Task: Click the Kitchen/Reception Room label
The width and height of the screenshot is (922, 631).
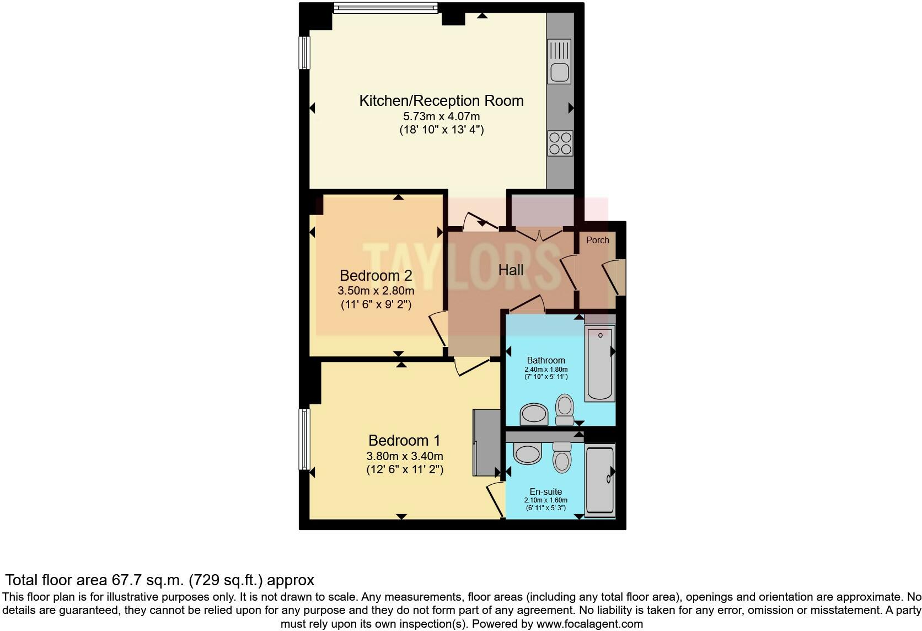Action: coord(441,101)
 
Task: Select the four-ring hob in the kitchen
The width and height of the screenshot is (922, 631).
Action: coord(560,143)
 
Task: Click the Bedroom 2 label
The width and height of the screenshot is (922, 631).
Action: coord(376,275)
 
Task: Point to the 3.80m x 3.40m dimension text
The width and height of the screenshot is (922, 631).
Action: coord(405,456)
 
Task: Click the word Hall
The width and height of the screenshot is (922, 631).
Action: coord(511,270)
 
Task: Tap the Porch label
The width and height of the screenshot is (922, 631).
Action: coord(597,240)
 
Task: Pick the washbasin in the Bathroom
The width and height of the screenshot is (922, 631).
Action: coord(534,414)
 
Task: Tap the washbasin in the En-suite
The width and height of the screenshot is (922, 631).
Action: coord(527,453)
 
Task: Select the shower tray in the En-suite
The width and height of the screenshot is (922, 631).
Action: coord(600,480)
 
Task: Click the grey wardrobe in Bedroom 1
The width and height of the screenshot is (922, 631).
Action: coord(485,442)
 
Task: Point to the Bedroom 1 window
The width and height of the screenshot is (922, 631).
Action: coord(304,439)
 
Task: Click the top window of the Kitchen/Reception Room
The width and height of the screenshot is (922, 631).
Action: coord(386,7)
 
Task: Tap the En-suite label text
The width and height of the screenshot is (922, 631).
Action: coord(545,491)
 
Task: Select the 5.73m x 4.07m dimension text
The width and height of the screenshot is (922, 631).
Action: coord(441,116)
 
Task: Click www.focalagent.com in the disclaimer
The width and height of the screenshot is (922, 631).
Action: coord(589,624)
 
